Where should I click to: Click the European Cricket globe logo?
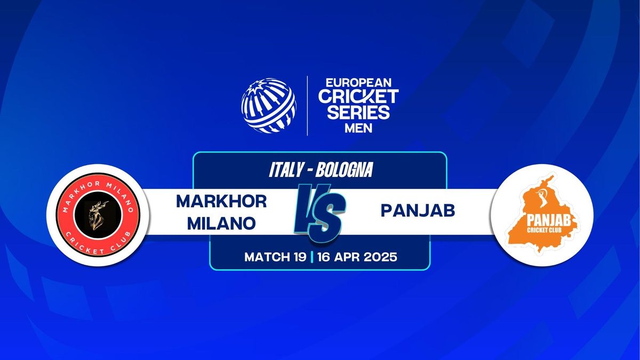[269, 106]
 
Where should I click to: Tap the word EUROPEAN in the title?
[358, 83]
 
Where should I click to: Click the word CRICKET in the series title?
[358, 97]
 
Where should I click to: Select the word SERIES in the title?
[358, 112]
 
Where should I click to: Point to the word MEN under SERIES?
[358, 129]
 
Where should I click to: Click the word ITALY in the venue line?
[286, 170]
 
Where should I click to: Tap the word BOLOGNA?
[345, 170]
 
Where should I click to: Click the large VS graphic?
[320, 213]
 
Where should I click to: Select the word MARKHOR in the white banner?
[221, 202]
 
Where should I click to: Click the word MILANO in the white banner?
[221, 223]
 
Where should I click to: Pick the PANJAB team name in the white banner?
[418, 211]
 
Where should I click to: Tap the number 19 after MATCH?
[300, 257]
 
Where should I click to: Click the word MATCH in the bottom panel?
[267, 257]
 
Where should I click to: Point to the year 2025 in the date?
[381, 257]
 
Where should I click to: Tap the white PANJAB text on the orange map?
[549, 221]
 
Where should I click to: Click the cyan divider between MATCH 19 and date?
[311, 257]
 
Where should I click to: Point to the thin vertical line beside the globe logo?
[307, 106]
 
